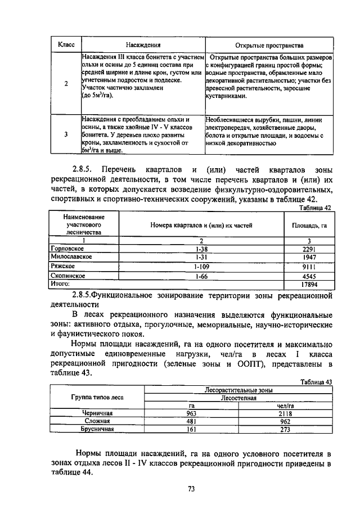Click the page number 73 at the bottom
point(191,489)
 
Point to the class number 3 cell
point(66,134)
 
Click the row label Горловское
point(67,248)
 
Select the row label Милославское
point(71,256)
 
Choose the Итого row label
point(60,284)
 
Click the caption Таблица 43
point(316,382)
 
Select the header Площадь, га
point(309,225)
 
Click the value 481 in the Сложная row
point(192,421)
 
